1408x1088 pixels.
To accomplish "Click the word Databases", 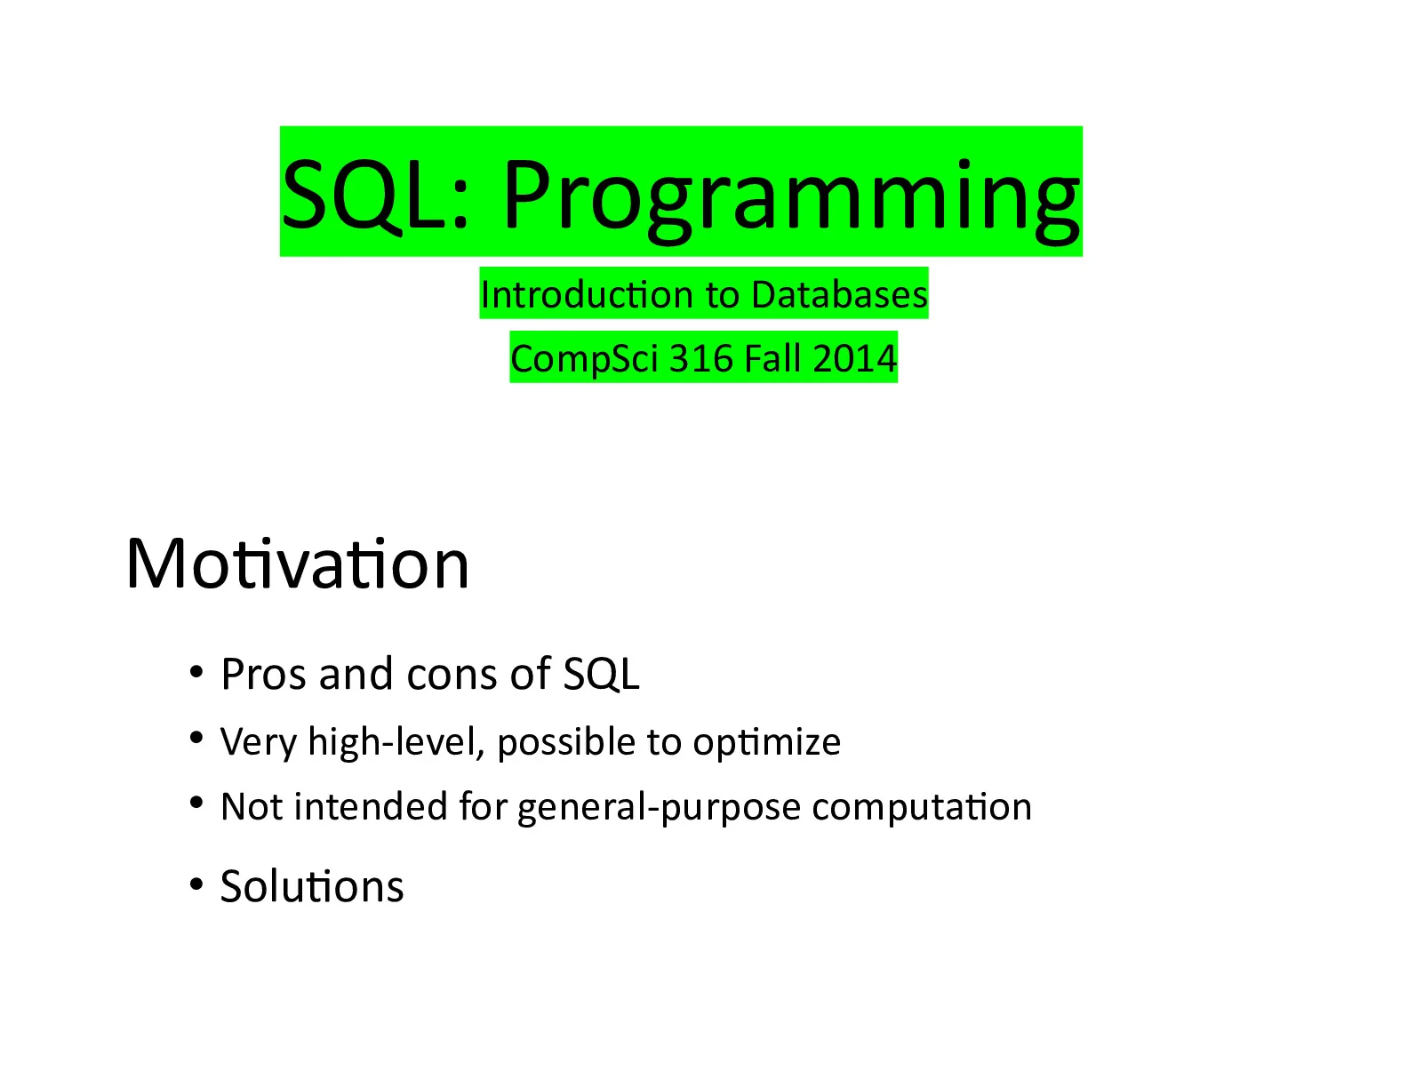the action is [x=839, y=295].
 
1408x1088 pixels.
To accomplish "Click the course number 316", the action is [x=700, y=358].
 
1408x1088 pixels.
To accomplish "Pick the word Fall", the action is [x=772, y=357].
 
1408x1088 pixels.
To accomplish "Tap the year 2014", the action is [x=854, y=358].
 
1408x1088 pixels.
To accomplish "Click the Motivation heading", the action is [x=298, y=564].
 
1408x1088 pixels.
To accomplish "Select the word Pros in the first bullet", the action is [x=264, y=674].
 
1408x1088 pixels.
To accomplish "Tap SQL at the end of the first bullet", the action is [x=601, y=675].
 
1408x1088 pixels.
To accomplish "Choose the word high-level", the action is [x=396, y=741].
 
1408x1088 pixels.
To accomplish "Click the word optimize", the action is [x=766, y=742].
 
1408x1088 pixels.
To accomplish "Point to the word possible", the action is [x=566, y=742].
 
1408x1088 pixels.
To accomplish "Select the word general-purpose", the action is [x=659, y=807].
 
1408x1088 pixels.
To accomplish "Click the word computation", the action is [x=922, y=807].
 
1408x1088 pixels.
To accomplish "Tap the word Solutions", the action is [x=312, y=886].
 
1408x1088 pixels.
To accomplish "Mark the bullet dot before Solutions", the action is [x=196, y=884].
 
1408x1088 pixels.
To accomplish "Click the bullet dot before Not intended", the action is [x=196, y=803].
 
